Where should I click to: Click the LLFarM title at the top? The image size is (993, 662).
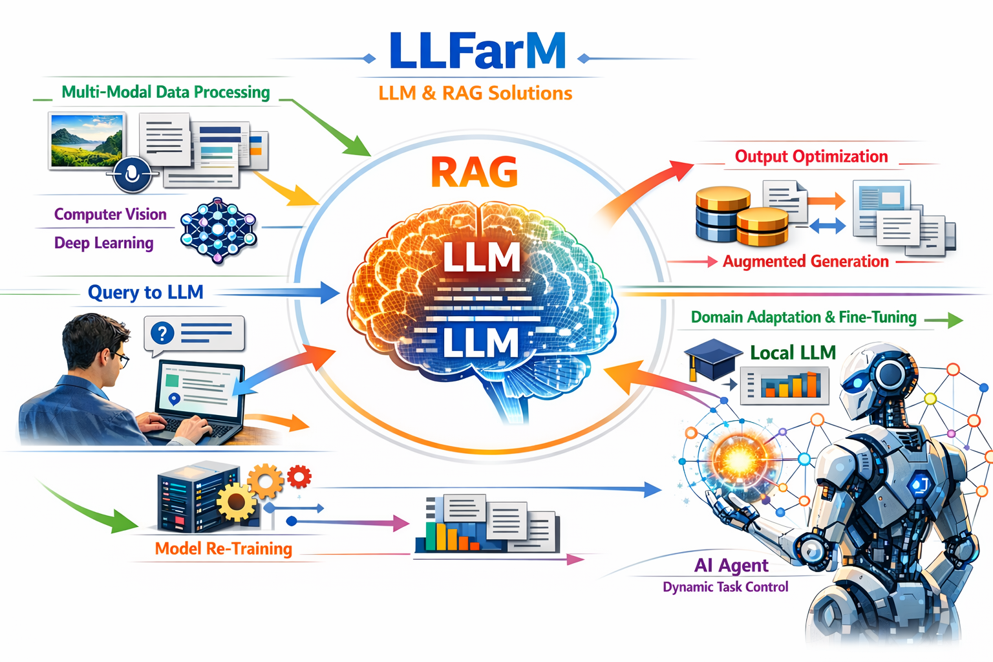[477, 52]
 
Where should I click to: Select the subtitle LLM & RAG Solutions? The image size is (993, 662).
[475, 93]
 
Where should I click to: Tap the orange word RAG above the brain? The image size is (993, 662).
[474, 172]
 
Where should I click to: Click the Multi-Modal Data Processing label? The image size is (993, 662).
[165, 92]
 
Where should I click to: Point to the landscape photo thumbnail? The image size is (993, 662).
[87, 140]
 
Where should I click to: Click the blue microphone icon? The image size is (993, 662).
[133, 174]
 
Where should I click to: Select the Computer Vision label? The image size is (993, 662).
[110, 214]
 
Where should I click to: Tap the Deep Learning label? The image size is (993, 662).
[103, 243]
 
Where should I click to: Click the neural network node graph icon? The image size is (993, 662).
[219, 231]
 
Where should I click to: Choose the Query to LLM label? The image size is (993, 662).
[145, 292]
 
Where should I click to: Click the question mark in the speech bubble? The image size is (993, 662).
[162, 334]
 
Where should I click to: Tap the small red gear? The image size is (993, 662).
[299, 476]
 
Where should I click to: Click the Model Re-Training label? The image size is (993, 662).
[223, 549]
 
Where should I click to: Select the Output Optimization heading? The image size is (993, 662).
[811, 156]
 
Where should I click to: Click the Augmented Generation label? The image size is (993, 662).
[806, 261]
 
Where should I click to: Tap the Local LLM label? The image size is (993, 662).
[793, 352]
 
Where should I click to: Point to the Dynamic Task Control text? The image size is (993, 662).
[725, 587]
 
